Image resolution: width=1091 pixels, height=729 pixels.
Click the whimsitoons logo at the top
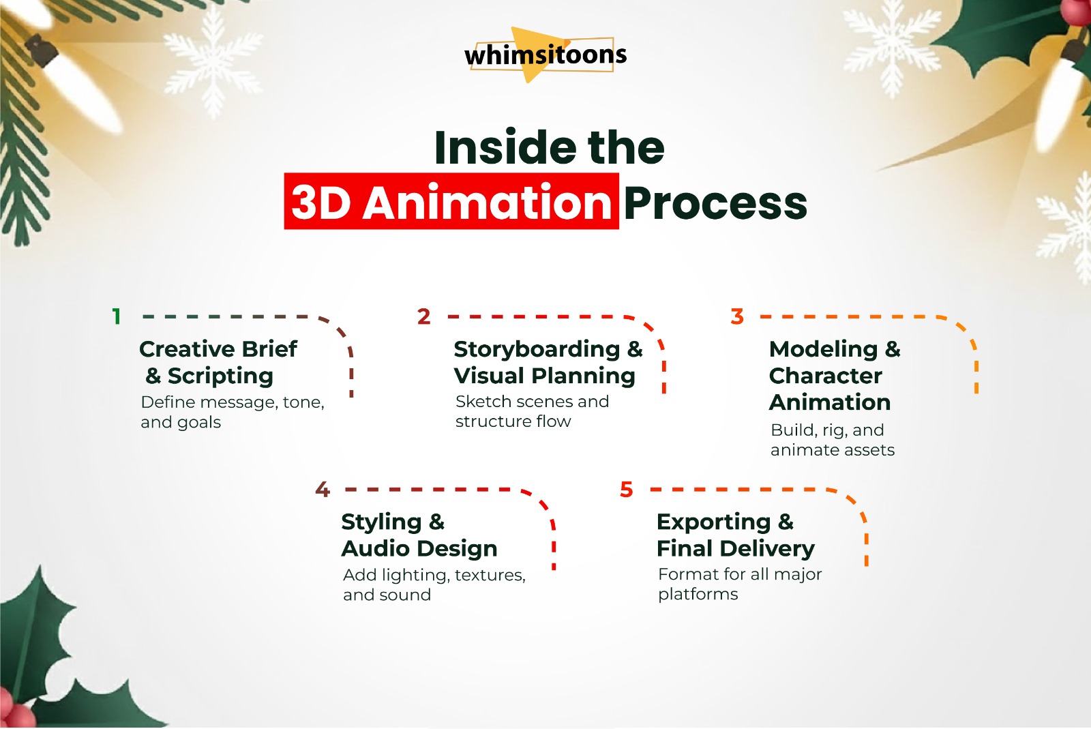(x=545, y=55)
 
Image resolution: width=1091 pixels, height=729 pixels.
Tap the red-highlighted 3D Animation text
(x=451, y=203)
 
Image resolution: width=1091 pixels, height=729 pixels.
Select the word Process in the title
(x=715, y=203)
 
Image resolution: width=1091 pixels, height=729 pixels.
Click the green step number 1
(x=117, y=316)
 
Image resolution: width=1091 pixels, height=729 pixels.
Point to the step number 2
(x=424, y=316)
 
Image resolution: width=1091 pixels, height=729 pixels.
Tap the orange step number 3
(x=737, y=316)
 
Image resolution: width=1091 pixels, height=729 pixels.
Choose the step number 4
(x=323, y=490)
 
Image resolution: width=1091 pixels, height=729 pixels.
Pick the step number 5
(x=627, y=490)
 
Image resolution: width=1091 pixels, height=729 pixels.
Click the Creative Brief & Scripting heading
(x=217, y=362)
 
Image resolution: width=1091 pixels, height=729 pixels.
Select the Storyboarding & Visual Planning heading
(x=548, y=362)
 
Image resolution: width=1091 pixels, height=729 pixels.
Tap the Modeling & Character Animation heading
(x=834, y=375)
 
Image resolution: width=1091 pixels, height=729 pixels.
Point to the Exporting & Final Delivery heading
(x=735, y=535)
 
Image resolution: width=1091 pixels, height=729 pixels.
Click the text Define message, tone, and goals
(x=232, y=412)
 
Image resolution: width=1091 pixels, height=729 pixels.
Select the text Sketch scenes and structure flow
(x=532, y=411)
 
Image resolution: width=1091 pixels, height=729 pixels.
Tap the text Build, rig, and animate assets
(x=832, y=440)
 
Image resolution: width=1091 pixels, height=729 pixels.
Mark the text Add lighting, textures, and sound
(x=434, y=584)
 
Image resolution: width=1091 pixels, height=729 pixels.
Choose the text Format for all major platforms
(x=739, y=584)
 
